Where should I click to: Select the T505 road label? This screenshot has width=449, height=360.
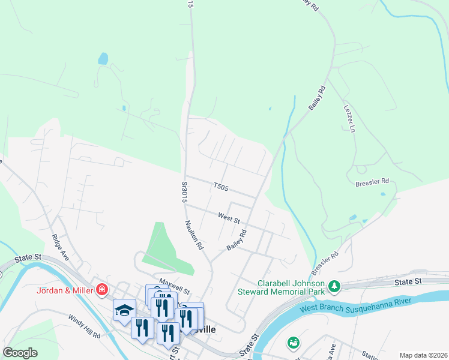tap(221, 188)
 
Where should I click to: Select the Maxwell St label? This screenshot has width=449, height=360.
tap(174, 281)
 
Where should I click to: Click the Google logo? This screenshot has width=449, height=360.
tap(20, 352)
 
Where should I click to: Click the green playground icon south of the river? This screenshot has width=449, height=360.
tap(294, 343)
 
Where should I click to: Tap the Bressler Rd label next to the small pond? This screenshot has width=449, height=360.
tap(372, 181)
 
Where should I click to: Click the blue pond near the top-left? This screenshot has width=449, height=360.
tap(103, 59)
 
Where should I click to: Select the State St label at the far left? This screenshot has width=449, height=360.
tap(28, 257)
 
